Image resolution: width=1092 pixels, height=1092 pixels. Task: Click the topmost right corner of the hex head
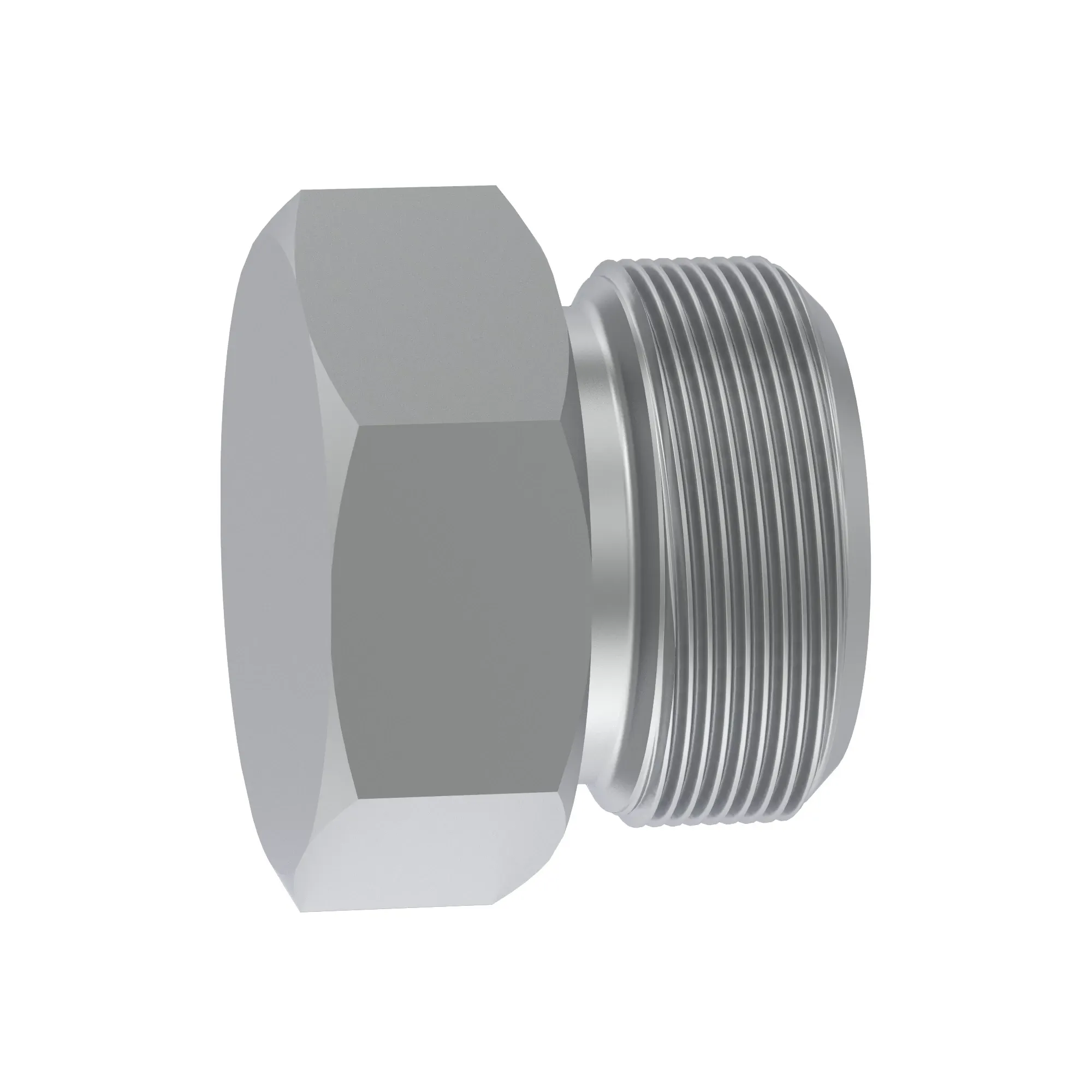point(496,186)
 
